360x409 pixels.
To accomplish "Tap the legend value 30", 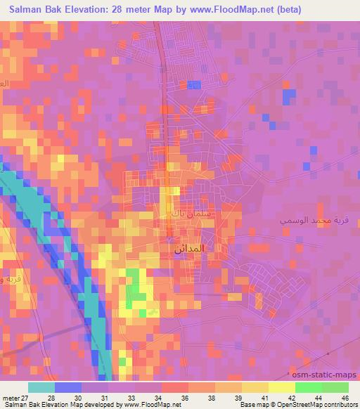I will (x=86, y=397).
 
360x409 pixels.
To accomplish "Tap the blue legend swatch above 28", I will (x=67, y=387).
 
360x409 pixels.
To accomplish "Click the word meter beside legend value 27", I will (x=11, y=397).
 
